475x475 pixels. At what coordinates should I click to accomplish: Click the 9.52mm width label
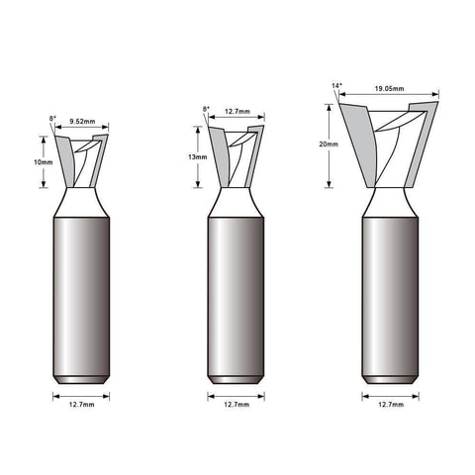click(82, 122)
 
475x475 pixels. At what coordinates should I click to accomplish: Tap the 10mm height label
click(44, 162)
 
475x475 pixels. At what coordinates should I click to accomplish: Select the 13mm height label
click(198, 157)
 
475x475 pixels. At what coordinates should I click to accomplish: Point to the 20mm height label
click(329, 144)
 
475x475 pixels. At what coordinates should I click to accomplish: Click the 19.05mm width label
click(389, 89)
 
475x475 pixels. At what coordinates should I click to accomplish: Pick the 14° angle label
click(336, 86)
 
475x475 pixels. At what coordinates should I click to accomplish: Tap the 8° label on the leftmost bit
click(52, 118)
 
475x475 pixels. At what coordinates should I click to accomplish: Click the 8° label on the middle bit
click(206, 109)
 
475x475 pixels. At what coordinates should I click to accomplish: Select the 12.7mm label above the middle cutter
click(237, 112)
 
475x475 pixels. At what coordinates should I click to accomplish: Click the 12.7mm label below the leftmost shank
click(81, 405)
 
